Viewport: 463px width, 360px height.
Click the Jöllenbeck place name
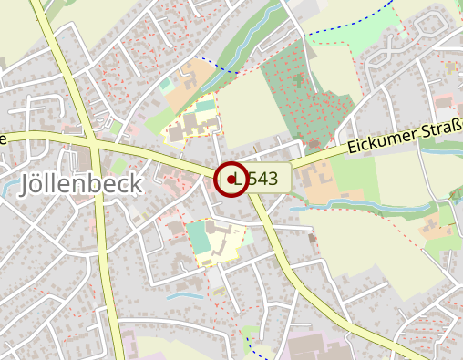coord(80,184)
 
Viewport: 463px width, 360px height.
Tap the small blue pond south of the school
coord(186,294)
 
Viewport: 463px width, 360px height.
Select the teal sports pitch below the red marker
coord(199,239)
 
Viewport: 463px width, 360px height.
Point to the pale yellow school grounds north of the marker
coord(191,123)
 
